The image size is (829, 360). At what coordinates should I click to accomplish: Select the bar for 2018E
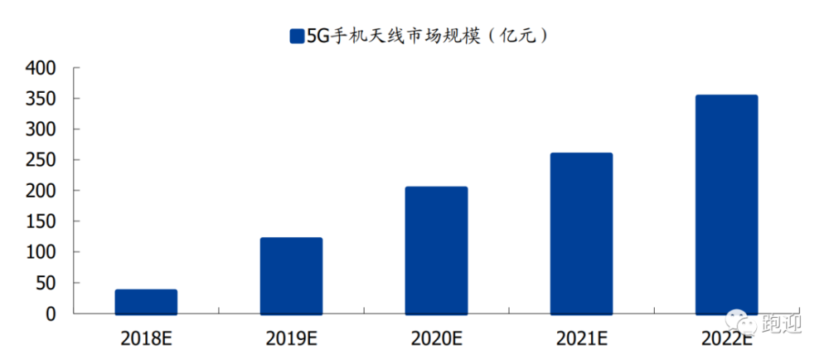(x=146, y=302)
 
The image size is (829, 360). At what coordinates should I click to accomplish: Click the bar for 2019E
(x=291, y=276)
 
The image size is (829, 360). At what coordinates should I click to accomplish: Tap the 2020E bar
(x=436, y=251)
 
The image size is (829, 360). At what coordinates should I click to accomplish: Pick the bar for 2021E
(x=582, y=234)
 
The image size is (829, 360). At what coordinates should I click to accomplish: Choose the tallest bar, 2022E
(x=726, y=205)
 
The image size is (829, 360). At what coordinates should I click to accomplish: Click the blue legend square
(x=297, y=36)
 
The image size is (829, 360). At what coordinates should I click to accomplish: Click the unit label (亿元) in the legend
(x=516, y=36)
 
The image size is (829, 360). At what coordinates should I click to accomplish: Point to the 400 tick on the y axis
(x=40, y=69)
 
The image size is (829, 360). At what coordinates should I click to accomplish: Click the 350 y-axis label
(x=40, y=100)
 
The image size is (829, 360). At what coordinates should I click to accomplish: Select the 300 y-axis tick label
(x=40, y=130)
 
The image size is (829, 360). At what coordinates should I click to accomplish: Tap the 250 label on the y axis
(x=40, y=161)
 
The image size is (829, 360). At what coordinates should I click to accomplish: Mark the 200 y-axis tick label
(x=40, y=192)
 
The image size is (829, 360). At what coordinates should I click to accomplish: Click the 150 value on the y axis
(x=40, y=222)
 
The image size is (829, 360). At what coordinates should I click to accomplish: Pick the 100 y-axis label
(x=40, y=253)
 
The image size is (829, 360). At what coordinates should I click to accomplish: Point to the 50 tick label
(x=46, y=284)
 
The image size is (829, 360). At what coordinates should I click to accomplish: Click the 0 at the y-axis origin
(x=51, y=314)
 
